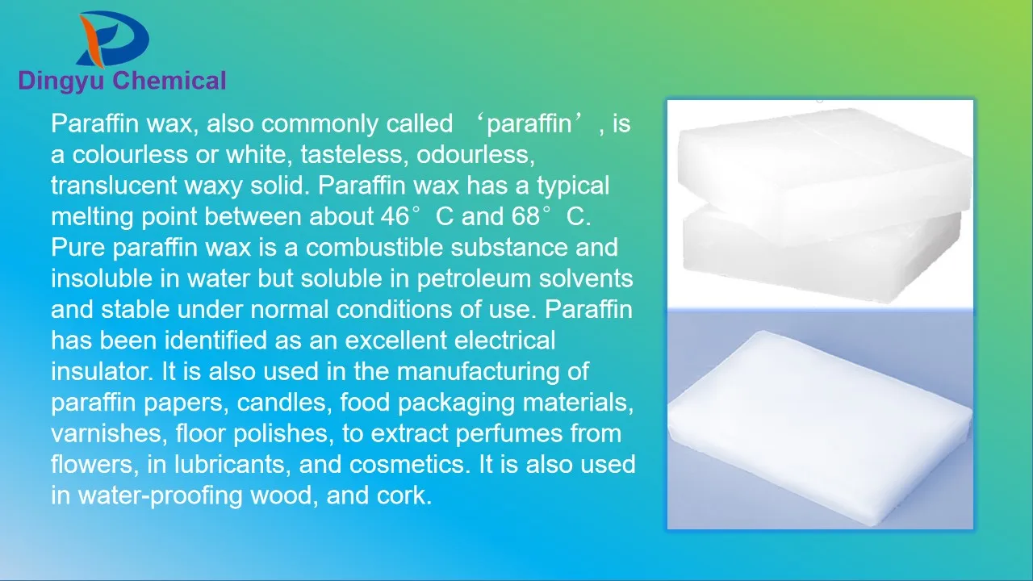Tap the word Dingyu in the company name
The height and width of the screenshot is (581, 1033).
(x=61, y=81)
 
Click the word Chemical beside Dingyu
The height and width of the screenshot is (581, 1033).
(x=169, y=81)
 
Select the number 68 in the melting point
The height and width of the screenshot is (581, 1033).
(x=525, y=217)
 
